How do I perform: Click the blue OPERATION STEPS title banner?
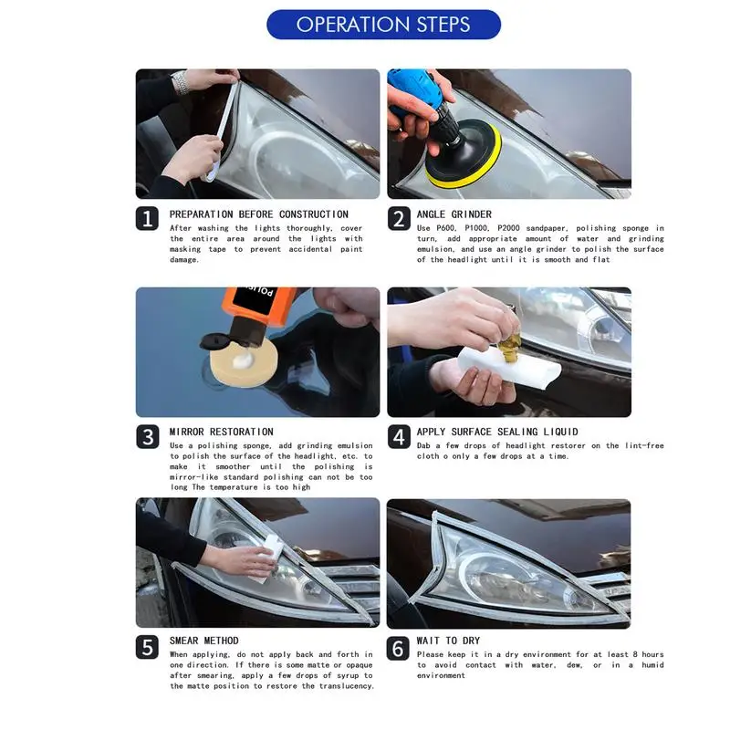click(x=383, y=25)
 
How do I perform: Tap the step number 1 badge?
click(x=147, y=218)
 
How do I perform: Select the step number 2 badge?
click(x=399, y=218)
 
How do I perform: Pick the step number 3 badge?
click(x=148, y=437)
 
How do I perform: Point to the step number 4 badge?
click(x=399, y=437)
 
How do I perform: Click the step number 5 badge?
click(x=147, y=647)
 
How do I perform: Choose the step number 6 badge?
click(x=398, y=648)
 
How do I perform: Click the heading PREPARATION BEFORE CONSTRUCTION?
click(x=259, y=214)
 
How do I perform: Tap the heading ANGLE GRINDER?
click(x=454, y=214)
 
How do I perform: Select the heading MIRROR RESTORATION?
click(x=221, y=432)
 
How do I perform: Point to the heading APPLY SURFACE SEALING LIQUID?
click(x=497, y=432)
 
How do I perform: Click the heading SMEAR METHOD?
click(x=203, y=641)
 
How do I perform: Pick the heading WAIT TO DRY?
click(x=448, y=641)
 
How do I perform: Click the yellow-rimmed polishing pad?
click(x=464, y=156)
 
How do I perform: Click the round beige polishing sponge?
click(x=244, y=362)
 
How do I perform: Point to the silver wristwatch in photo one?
click(x=180, y=82)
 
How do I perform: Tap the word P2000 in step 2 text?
click(x=508, y=228)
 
